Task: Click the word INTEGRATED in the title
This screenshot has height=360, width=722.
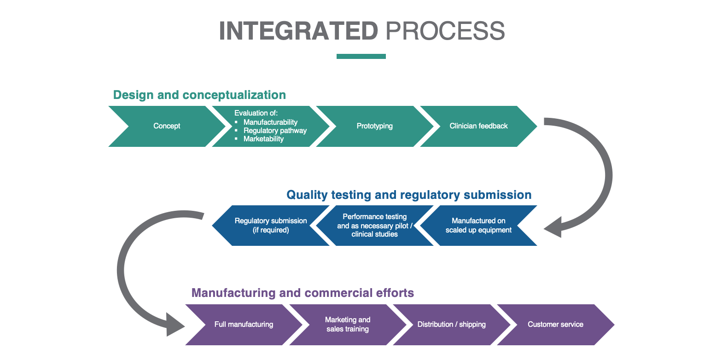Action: (x=298, y=31)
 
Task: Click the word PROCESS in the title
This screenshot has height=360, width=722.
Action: (x=445, y=31)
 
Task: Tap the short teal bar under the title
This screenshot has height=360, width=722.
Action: (x=361, y=57)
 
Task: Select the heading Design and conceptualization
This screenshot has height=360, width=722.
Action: (x=199, y=95)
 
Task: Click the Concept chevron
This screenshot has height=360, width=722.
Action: (x=167, y=126)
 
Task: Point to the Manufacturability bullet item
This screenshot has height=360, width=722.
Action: (x=270, y=122)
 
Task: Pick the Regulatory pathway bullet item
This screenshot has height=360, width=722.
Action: (x=274, y=131)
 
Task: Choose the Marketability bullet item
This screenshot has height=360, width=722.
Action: (x=263, y=139)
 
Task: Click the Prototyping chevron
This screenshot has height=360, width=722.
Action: (x=374, y=126)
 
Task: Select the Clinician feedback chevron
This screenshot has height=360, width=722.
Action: (x=478, y=126)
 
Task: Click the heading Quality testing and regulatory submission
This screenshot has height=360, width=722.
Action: (x=409, y=195)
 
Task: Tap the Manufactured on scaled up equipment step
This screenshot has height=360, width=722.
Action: (x=478, y=225)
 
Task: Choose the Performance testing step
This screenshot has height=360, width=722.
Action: (x=374, y=225)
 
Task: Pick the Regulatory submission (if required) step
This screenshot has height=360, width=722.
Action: (x=271, y=225)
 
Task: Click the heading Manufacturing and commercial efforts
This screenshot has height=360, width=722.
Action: (x=303, y=293)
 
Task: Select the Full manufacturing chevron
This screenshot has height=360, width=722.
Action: (x=244, y=325)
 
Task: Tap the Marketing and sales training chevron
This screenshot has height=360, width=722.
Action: (x=348, y=325)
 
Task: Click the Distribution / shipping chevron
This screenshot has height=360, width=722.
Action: (x=452, y=325)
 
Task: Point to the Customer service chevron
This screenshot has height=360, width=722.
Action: (x=555, y=325)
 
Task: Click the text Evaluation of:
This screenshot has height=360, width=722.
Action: (x=256, y=113)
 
